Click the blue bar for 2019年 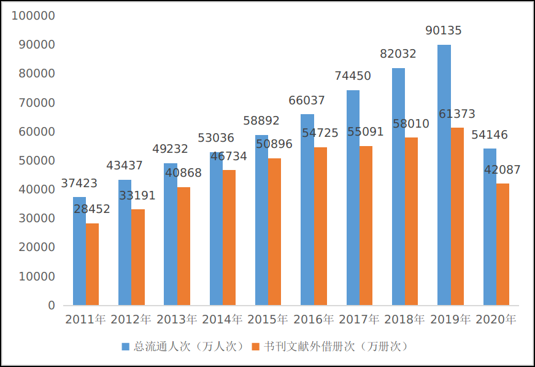pos(444,175)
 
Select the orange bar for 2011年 pos(92,264)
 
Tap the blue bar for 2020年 pos(490,227)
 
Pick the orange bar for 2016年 pos(320,226)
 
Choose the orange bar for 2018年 pos(411,221)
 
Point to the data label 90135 pos(444,31)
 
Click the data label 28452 pos(92,209)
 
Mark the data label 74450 pos(353,76)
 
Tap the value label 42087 pos(502,170)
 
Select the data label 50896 pos(274,144)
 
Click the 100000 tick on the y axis pos(33,15)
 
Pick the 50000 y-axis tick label pos(36,161)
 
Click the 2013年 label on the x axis pos(177,320)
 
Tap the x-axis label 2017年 pos(359,320)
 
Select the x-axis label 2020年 pos(496,320)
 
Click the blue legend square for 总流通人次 pos(126,347)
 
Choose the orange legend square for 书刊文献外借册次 pos(256,347)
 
